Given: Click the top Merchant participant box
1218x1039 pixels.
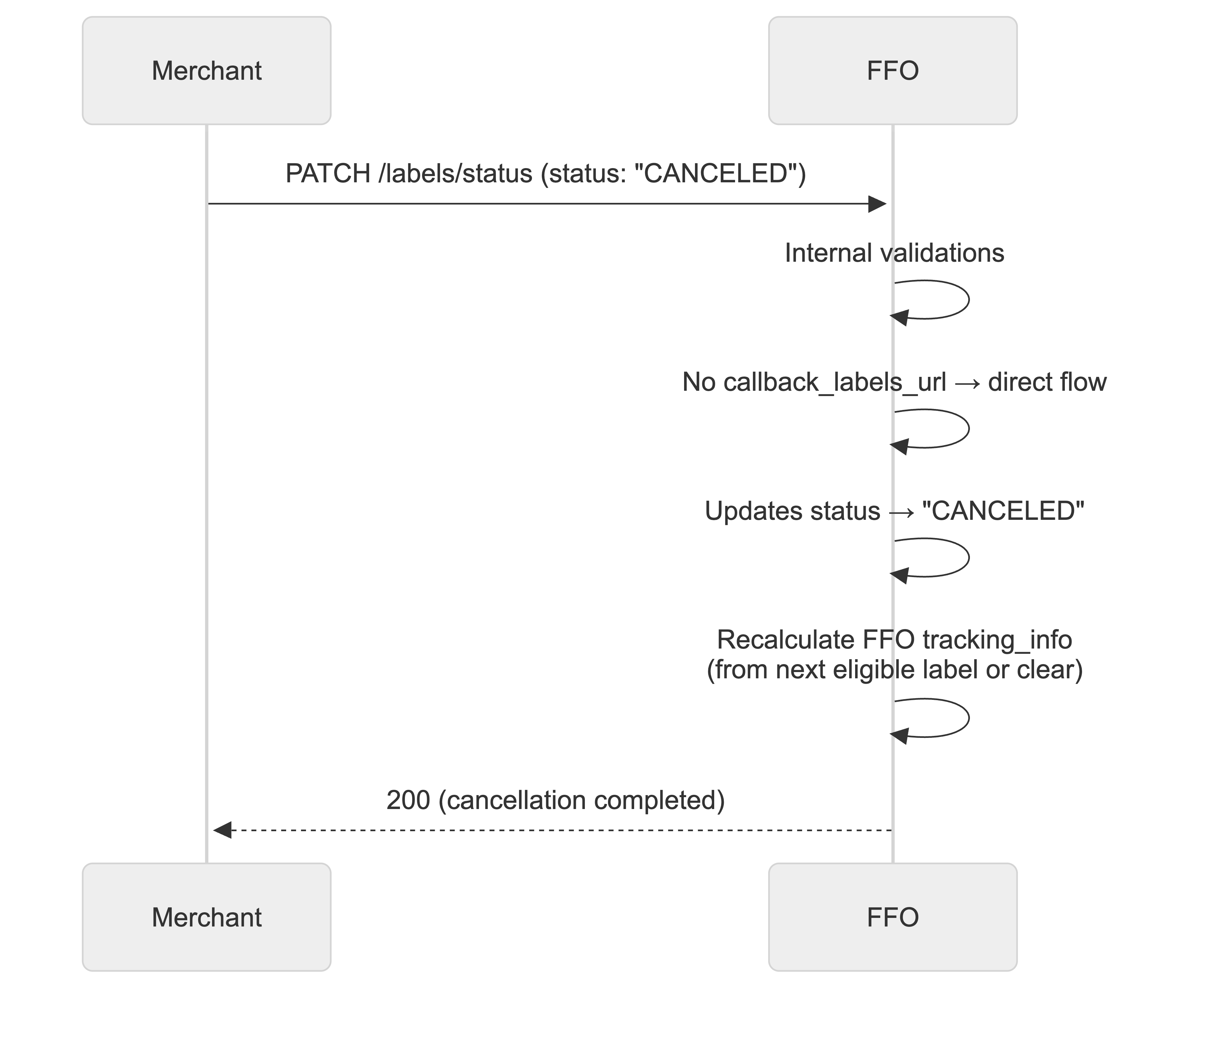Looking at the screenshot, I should click(206, 70).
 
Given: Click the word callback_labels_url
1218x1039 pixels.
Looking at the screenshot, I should click(835, 382).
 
